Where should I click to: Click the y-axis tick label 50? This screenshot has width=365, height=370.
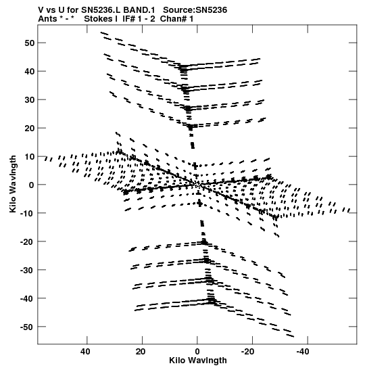(x=29, y=43)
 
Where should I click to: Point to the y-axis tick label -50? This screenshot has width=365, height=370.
(x=27, y=327)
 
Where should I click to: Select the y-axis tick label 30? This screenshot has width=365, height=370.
(x=29, y=100)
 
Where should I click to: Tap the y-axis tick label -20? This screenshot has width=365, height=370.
(x=27, y=241)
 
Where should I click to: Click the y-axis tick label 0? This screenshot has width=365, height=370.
(x=32, y=185)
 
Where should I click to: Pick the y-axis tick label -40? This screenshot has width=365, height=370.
(x=27, y=298)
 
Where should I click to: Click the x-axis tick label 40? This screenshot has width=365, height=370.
(x=85, y=351)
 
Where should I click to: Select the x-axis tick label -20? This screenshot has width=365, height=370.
(x=247, y=351)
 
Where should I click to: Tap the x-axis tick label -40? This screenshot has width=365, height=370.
(x=303, y=351)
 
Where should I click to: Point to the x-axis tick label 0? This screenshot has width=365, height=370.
(x=197, y=351)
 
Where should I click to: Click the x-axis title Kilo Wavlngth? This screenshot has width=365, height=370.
(x=198, y=361)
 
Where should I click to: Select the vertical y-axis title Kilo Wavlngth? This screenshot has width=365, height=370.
(x=13, y=184)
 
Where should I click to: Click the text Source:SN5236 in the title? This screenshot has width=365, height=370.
(x=195, y=10)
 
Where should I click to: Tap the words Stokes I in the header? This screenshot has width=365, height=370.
(x=101, y=19)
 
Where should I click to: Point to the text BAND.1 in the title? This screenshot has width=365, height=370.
(x=139, y=10)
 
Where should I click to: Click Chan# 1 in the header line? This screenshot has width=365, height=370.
(x=176, y=19)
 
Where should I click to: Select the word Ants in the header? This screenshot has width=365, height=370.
(x=47, y=19)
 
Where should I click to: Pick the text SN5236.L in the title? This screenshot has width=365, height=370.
(x=101, y=10)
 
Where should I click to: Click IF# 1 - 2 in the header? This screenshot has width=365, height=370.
(x=139, y=19)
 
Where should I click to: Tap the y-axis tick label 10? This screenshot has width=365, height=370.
(x=29, y=157)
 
